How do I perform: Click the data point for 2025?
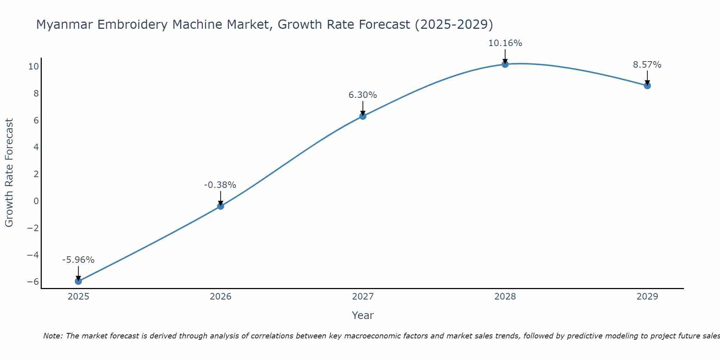click(x=78, y=281)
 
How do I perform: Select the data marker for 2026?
click(x=221, y=206)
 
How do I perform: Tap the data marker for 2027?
click(x=363, y=116)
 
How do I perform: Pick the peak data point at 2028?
click(x=505, y=64)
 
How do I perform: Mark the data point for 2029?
click(x=647, y=86)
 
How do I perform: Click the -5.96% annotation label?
click(x=78, y=260)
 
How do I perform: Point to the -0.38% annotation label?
click(x=220, y=185)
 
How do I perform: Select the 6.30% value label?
click(x=363, y=95)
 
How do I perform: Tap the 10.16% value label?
click(x=505, y=43)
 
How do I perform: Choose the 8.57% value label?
click(x=647, y=65)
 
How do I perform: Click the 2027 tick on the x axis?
click(x=363, y=297)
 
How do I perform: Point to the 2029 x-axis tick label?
click(x=647, y=297)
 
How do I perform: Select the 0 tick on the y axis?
click(x=36, y=201)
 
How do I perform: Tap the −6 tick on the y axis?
click(x=33, y=282)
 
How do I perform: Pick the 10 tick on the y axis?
click(x=34, y=67)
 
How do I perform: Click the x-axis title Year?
click(x=363, y=315)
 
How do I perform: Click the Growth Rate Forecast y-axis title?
click(x=9, y=173)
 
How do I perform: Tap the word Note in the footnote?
click(x=53, y=336)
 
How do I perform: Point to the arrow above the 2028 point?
click(x=505, y=56)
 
